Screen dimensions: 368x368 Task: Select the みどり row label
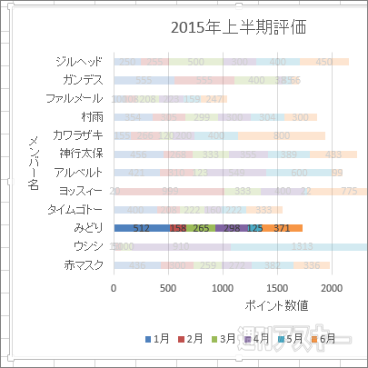point(88,228)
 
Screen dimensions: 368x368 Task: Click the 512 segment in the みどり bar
point(141,228)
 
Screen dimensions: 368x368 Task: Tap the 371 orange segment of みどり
point(283,228)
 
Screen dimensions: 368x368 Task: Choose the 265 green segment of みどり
point(201,228)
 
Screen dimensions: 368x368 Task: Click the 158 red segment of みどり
point(178,228)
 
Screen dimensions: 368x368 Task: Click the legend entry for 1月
point(159,339)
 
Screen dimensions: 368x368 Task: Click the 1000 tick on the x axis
point(223,287)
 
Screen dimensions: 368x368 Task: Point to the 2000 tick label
point(333,287)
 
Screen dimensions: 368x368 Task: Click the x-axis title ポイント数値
point(277,305)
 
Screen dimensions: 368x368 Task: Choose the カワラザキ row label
point(79,135)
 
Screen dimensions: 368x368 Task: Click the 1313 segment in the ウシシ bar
point(302,246)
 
